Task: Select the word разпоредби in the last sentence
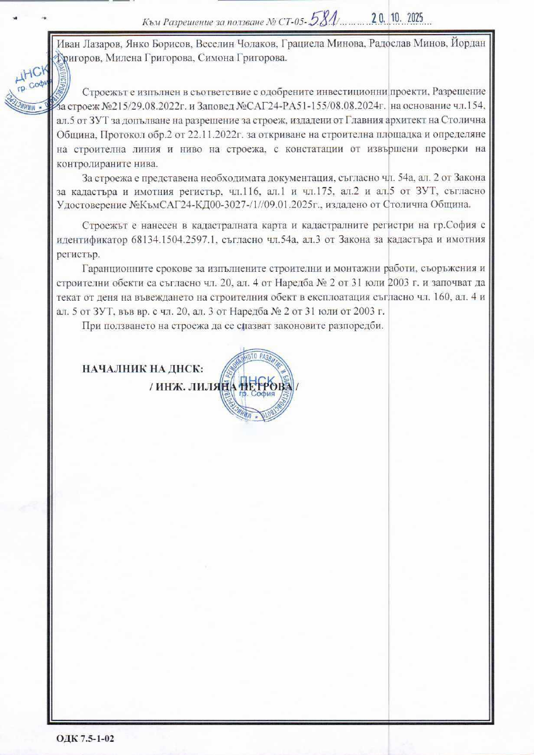click(353, 327)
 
